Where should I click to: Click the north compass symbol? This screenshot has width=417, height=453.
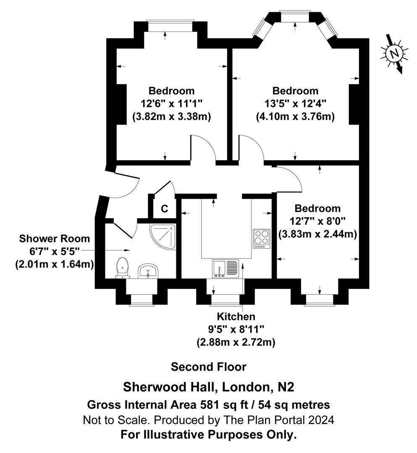click(393, 54)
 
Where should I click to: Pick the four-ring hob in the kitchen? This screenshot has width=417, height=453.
click(261, 239)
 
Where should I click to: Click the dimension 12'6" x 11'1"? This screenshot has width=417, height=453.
click(172, 104)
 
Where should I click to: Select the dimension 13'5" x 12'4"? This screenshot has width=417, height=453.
click(295, 104)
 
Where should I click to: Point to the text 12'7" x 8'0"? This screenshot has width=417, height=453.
click(317, 221)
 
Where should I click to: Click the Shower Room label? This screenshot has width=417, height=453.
click(55, 239)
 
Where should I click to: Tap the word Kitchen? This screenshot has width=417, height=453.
click(236, 316)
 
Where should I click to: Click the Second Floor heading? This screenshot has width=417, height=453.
click(208, 367)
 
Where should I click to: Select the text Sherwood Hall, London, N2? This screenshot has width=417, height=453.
click(208, 385)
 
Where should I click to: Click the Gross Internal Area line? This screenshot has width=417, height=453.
click(208, 405)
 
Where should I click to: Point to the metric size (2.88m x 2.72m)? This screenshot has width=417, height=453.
click(236, 342)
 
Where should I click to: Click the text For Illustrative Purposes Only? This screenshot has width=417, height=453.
click(208, 435)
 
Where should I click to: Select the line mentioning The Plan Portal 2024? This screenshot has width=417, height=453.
click(208, 420)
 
